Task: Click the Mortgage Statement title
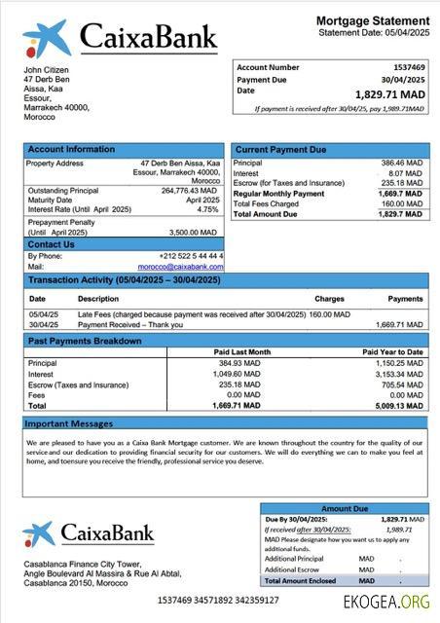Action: [373, 20]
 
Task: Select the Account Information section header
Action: [71, 150]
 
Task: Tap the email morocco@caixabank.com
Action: [180, 266]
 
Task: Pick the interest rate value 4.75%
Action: [208, 209]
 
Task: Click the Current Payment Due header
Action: [281, 150]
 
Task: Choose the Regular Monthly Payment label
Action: [279, 194]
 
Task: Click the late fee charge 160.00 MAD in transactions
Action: [330, 314]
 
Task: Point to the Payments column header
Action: [405, 299]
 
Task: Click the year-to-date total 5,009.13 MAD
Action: [399, 405]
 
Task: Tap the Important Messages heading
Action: [69, 424]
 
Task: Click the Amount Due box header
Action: [345, 508]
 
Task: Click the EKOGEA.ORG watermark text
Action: [385, 603]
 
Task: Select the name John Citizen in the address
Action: [47, 70]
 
